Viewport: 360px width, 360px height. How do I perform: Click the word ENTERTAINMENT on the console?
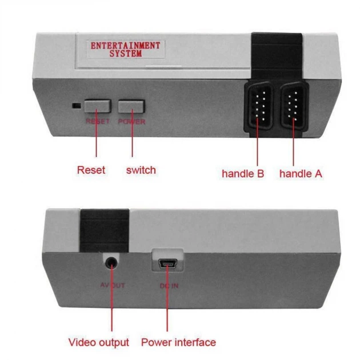click(x=125, y=46)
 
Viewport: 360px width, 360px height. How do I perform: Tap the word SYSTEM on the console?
click(x=126, y=54)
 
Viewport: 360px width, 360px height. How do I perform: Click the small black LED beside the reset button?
click(x=77, y=106)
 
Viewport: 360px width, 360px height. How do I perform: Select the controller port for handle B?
click(x=259, y=106)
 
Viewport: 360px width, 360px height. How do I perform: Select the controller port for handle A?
click(x=294, y=106)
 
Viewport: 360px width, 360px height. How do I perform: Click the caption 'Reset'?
click(x=91, y=170)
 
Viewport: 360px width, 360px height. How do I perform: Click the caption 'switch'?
click(x=141, y=170)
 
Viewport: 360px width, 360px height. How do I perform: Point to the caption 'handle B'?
click(x=243, y=174)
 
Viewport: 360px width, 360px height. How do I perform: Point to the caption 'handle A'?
click(x=301, y=174)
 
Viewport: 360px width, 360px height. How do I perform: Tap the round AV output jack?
click(x=111, y=262)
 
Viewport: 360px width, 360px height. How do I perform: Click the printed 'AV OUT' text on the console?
click(x=113, y=285)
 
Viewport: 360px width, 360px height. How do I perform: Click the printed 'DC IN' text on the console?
click(x=169, y=286)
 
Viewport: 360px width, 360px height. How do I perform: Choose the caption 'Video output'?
click(x=99, y=342)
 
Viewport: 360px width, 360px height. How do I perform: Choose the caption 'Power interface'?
click(x=179, y=342)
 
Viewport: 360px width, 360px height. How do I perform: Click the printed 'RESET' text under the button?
click(x=98, y=121)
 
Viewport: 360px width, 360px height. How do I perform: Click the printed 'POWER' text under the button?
click(x=131, y=122)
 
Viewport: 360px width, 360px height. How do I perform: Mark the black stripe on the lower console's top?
click(x=105, y=230)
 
